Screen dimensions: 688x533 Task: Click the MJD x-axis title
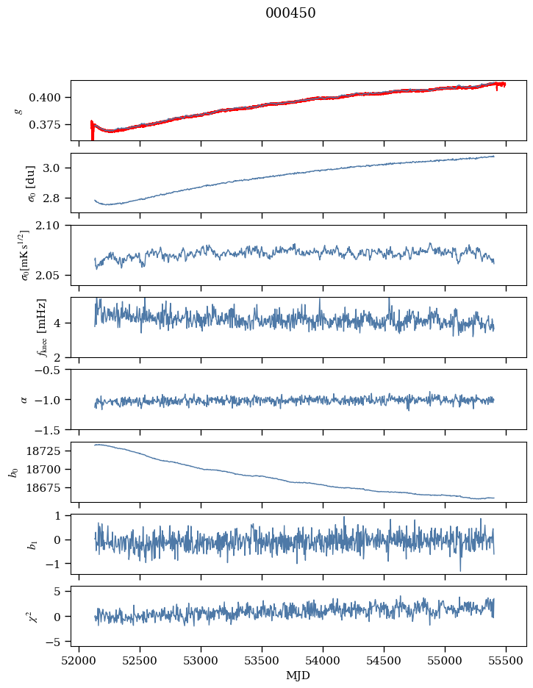pyautogui.click(x=298, y=676)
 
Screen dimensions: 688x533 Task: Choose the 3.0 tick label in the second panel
pyautogui.click(x=57, y=168)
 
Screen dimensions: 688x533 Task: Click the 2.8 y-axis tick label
pyautogui.click(x=57, y=198)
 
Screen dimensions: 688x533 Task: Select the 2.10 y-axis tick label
pyautogui.click(x=54, y=226)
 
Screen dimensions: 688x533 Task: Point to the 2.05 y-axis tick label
pyautogui.click(x=54, y=276)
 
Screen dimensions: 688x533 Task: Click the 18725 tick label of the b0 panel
pyautogui.click(x=49, y=451)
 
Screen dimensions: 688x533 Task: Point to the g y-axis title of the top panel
pyautogui.click(x=18, y=110)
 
